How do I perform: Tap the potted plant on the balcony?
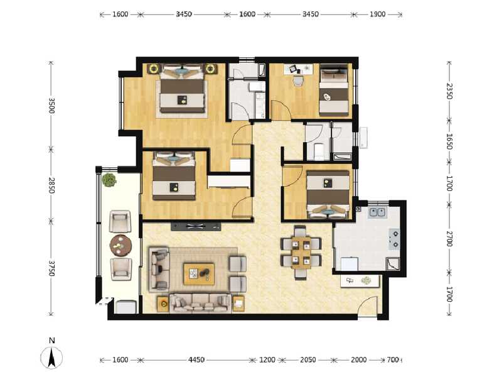pos(110,180)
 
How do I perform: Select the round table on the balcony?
pos(120,243)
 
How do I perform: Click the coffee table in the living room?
pos(199,273)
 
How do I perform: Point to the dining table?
pos(301,252)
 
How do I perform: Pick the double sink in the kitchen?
pos(377,212)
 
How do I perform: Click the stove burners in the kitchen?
pos(395,237)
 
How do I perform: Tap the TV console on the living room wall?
pos(196,226)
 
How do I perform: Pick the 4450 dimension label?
pos(196,360)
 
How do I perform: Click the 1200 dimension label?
pos(267,360)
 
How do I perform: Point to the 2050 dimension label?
pos(308,360)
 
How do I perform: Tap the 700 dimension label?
pos(393,360)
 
